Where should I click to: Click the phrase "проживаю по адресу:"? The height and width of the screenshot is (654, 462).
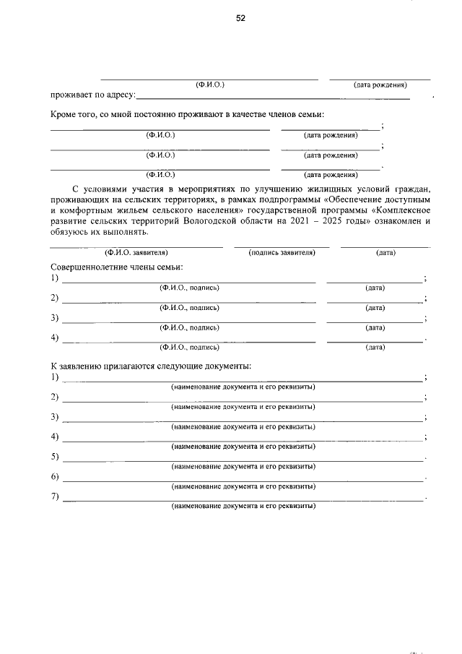pyautogui.click(x=92, y=95)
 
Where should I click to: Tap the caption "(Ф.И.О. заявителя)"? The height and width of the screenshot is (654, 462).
pyautogui.click(x=136, y=253)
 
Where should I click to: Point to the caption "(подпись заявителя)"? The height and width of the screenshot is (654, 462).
pyautogui.click(x=282, y=253)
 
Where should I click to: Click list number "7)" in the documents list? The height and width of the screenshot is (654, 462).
pyautogui.click(x=55, y=496)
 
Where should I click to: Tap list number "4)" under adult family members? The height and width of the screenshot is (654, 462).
pyautogui.click(x=55, y=337)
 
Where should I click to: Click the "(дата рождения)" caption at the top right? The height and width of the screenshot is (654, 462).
pyautogui.click(x=380, y=85)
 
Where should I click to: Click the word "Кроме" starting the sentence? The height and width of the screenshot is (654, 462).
pyautogui.click(x=64, y=115)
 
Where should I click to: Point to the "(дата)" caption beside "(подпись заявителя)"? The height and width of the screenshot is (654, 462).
pyautogui.click(x=385, y=253)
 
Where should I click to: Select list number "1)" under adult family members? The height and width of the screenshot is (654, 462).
pyautogui.click(x=55, y=278)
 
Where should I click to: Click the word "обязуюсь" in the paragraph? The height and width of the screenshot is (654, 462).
pyautogui.click(x=70, y=233)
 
